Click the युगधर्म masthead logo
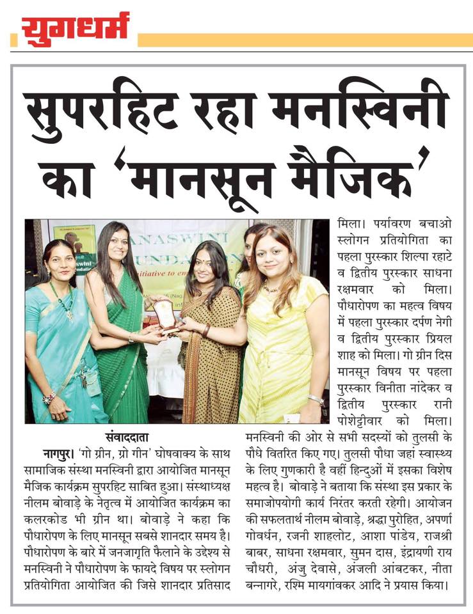(x=75, y=29)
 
